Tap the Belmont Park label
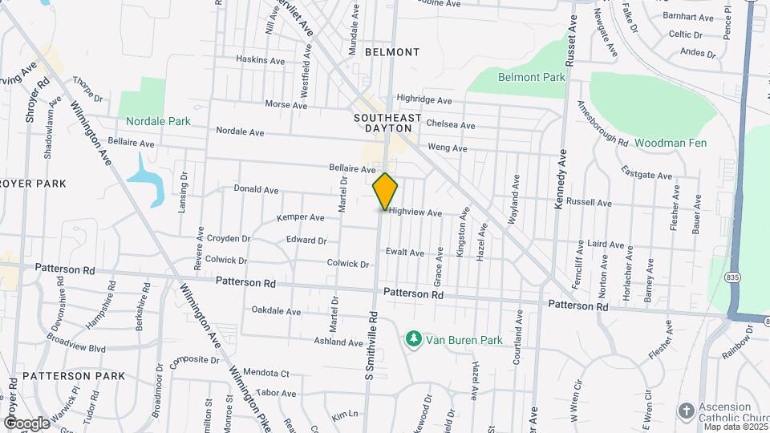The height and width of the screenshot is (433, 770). tap(531, 78)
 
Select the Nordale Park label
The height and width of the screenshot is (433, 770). tap(158, 122)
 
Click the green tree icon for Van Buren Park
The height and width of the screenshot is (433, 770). tap(414, 339)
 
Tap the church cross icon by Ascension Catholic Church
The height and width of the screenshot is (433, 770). tap(686, 411)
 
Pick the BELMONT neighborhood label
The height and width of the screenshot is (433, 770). tap(392, 52)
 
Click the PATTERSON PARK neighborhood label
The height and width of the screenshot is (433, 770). tap(74, 375)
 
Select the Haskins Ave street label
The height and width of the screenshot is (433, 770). tap(261, 60)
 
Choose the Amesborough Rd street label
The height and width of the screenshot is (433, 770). tap(602, 122)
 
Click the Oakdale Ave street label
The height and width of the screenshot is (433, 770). tap(276, 311)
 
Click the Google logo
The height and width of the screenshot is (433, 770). tap(26, 423)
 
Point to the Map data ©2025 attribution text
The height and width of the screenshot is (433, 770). tap(736, 427)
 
